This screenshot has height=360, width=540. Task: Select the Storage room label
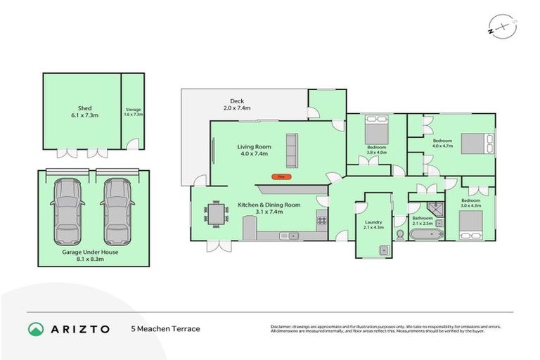tap(134, 112)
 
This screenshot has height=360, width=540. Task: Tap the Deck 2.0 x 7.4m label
tap(236, 104)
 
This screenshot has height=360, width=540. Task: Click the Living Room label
tap(254, 150)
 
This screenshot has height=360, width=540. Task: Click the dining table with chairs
tap(217, 213)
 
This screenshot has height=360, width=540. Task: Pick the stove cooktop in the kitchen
tap(321, 220)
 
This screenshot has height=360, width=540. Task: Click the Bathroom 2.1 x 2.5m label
tap(423, 220)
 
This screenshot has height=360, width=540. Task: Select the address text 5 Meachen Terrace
tap(166, 328)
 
